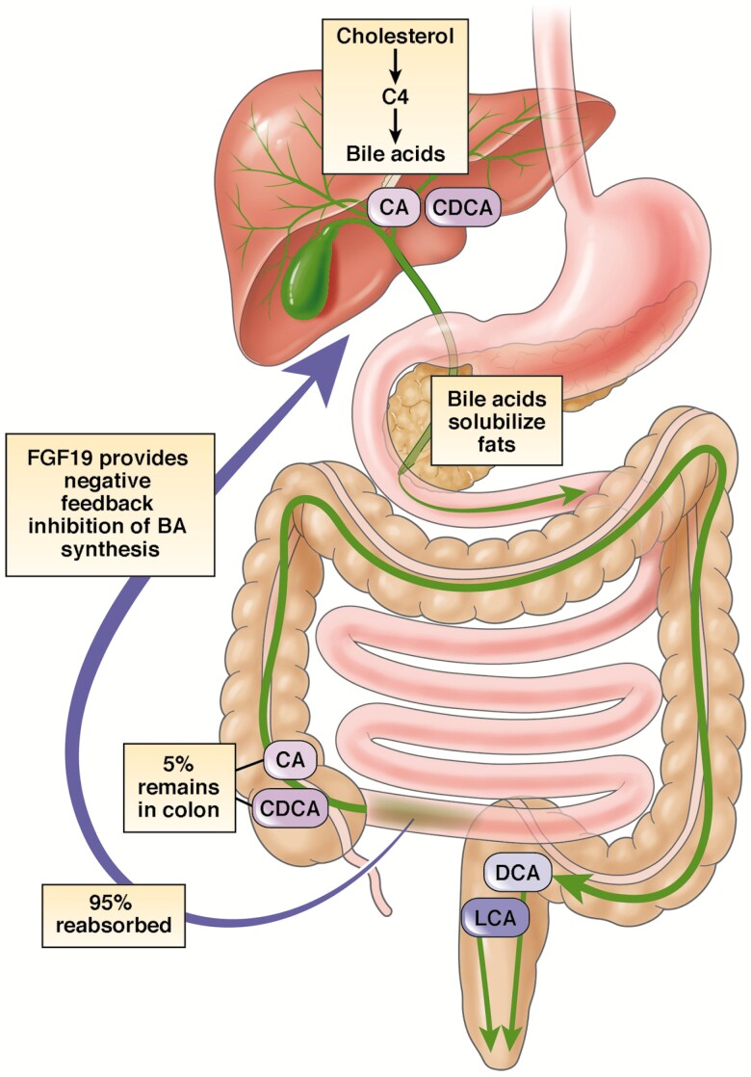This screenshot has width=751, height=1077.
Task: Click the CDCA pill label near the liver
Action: click(464, 206)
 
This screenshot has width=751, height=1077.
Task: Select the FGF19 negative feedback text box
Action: click(108, 504)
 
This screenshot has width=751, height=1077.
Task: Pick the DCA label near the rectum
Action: click(517, 873)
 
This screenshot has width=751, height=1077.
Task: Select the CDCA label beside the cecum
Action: click(290, 807)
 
